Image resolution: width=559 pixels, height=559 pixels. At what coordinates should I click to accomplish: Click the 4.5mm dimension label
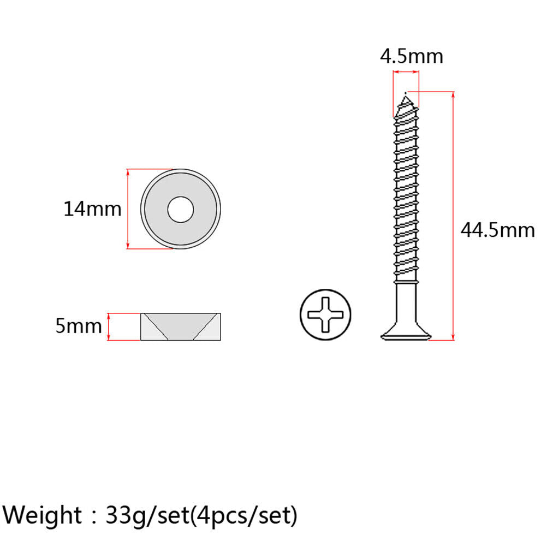click(412, 57)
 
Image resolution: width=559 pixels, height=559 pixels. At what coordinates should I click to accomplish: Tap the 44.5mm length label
click(498, 230)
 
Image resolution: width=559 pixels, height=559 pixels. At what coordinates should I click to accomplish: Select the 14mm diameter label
click(92, 209)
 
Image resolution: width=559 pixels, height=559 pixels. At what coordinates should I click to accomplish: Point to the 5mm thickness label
click(79, 326)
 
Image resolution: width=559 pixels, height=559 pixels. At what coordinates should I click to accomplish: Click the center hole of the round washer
click(180, 209)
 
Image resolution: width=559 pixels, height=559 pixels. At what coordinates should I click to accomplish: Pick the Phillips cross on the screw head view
click(325, 314)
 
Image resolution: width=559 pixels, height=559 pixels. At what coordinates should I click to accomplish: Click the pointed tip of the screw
click(406, 93)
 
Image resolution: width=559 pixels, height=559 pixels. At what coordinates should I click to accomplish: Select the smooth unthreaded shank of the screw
click(406, 302)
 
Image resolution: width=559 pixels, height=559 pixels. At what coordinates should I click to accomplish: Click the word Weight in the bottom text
click(43, 515)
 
